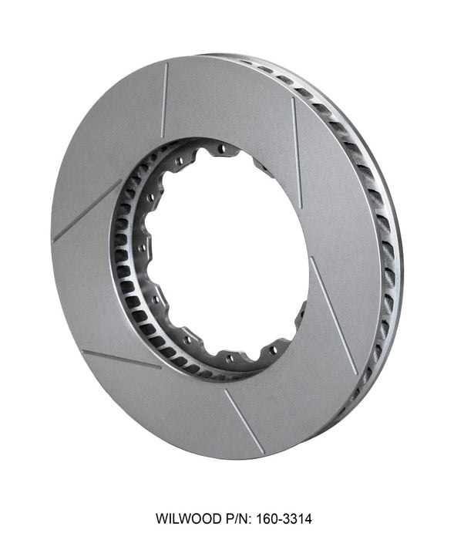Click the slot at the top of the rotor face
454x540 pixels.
tap(165, 100)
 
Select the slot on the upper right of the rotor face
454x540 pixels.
tap(297, 142)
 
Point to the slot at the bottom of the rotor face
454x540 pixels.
tap(244, 421)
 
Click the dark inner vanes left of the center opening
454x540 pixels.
tap(123, 255)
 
